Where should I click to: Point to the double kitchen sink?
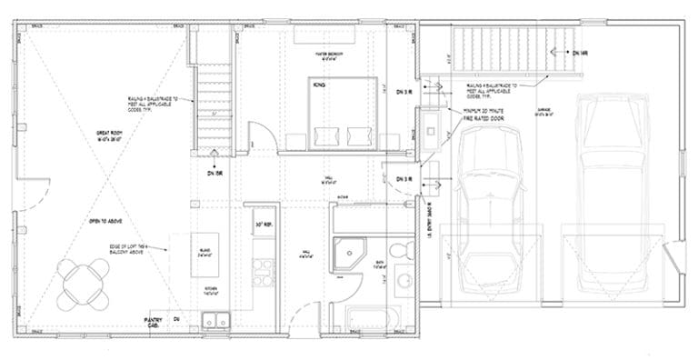pos(216,319)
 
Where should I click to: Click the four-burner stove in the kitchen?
pos(263,267)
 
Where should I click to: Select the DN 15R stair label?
pos(215,172)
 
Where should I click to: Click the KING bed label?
pos(319,87)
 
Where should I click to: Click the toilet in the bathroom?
pos(401,250)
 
